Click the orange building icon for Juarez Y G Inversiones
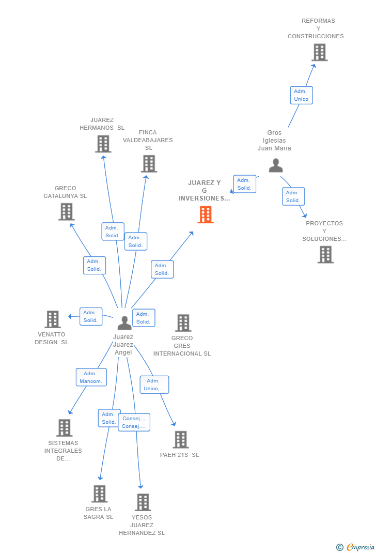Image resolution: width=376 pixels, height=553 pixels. [206, 214]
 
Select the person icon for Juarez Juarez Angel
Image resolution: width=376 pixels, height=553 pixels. [124, 322]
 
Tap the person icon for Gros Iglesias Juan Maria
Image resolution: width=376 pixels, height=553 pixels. [276, 165]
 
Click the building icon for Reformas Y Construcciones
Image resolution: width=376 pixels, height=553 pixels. [320, 52]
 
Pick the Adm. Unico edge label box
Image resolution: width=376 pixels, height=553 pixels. [301, 95]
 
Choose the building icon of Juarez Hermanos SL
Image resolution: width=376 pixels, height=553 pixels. [103, 144]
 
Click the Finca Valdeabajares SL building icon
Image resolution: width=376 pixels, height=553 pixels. [149, 163]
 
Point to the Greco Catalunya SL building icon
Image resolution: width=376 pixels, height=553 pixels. [66, 211]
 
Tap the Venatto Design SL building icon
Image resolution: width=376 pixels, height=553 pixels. [53, 319]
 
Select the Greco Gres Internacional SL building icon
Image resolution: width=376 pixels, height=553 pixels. [183, 323]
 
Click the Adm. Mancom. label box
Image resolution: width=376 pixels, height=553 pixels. [91, 377]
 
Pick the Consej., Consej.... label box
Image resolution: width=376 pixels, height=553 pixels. [134, 422]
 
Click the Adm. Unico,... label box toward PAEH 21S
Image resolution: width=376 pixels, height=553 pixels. [154, 385]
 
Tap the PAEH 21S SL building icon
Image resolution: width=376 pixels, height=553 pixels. [180, 439]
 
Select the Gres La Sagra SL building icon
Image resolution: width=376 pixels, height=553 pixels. [99, 494]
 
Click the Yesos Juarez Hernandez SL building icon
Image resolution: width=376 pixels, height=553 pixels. [143, 502]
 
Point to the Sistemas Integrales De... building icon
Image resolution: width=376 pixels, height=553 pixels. [64, 428]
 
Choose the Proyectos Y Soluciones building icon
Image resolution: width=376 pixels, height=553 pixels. [325, 254]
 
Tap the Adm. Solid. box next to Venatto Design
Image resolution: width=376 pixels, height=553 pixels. [91, 316]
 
